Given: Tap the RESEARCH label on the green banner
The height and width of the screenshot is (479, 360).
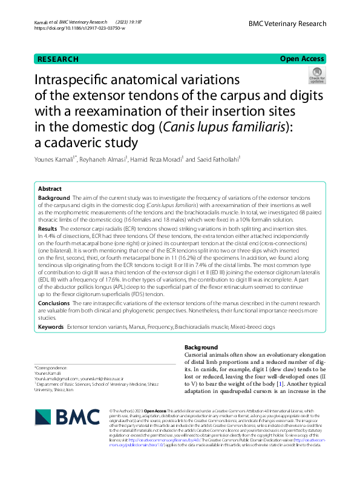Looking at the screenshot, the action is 58,59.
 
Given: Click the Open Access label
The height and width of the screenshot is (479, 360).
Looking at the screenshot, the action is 302,59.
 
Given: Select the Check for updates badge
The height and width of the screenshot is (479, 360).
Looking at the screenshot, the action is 317,76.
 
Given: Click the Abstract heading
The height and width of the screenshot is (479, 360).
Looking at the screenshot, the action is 50,188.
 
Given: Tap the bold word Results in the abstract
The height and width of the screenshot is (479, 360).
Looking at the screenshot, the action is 48,229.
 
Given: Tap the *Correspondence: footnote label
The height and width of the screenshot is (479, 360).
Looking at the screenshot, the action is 51,368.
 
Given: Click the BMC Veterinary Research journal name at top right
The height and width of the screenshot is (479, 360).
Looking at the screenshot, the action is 287,23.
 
